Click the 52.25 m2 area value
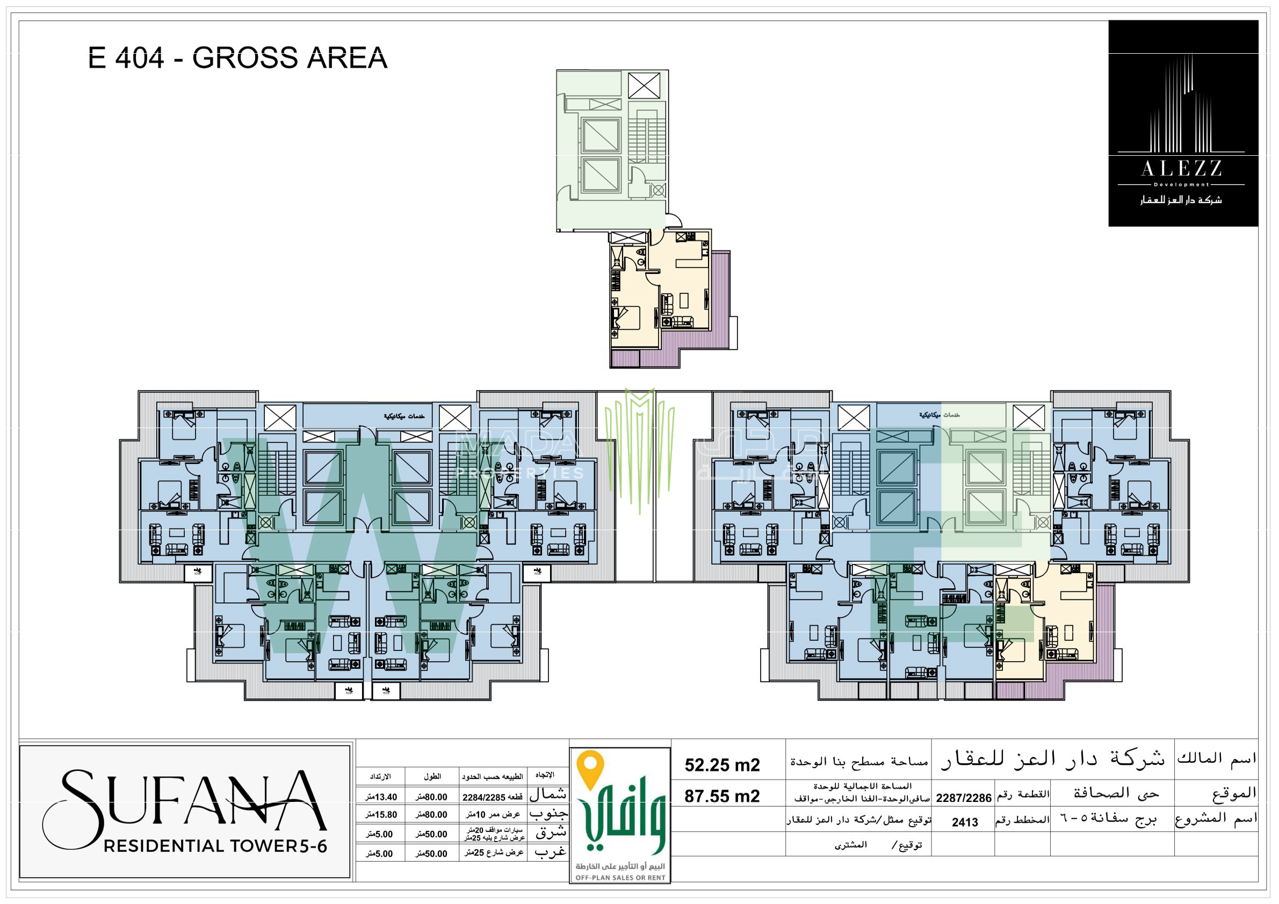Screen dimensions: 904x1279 click(722, 765)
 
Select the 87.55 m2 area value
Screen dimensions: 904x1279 click(722, 796)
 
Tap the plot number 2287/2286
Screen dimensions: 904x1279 click(963, 798)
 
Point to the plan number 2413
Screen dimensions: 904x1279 click(965, 822)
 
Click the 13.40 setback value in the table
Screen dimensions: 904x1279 click(381, 797)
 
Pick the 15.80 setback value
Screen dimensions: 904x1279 click(381, 815)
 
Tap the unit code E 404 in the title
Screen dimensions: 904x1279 click(126, 58)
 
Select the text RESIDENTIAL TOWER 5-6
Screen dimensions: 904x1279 click(215, 846)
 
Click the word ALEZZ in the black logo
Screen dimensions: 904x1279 click(1181, 168)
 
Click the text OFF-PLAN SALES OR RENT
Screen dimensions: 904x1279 click(620, 878)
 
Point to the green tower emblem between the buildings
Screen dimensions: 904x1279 click(639, 446)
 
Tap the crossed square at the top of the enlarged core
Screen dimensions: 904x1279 click(644, 86)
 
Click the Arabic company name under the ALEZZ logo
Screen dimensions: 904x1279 click(1181, 200)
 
